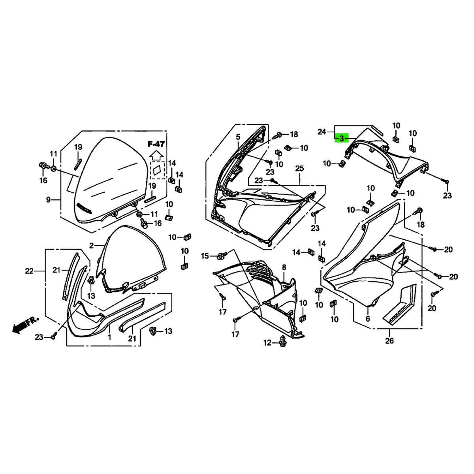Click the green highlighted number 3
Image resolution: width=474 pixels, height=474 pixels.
pos(341,139)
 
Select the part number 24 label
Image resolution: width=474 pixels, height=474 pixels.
pos(322,132)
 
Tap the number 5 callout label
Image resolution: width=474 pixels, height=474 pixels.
pos(238,137)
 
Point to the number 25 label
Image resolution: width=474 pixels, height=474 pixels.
pos(299,169)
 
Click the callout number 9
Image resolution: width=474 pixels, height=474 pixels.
pos(48,200)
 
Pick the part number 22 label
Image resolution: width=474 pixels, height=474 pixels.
pos(29,271)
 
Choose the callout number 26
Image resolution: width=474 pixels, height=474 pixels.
pos(389,340)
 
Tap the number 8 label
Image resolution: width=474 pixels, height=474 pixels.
pos(284,267)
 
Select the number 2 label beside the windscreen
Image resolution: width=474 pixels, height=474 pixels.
pos(91,245)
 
